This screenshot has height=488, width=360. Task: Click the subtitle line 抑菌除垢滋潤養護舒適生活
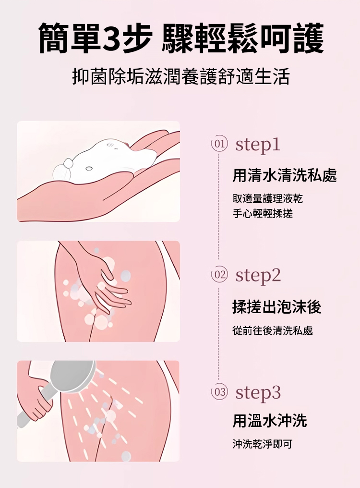tap(181, 76)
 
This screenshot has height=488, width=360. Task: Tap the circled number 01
tap(219, 145)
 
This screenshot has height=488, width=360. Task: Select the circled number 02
tap(219, 275)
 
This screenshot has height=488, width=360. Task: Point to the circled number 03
tap(219, 392)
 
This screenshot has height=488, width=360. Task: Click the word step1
tap(258, 145)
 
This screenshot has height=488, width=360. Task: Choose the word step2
tap(258, 275)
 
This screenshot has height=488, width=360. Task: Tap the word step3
tap(258, 392)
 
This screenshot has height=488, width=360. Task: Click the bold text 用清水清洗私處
tap(285, 175)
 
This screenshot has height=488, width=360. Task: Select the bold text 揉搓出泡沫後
tap(276, 307)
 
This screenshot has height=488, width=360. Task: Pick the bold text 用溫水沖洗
tap(269, 421)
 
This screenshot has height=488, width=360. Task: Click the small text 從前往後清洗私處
tap(273, 330)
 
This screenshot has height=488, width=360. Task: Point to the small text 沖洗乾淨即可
tap(262, 444)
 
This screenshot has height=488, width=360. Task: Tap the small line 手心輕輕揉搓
tap(262, 213)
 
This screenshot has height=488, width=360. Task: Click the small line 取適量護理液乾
tap(267, 198)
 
